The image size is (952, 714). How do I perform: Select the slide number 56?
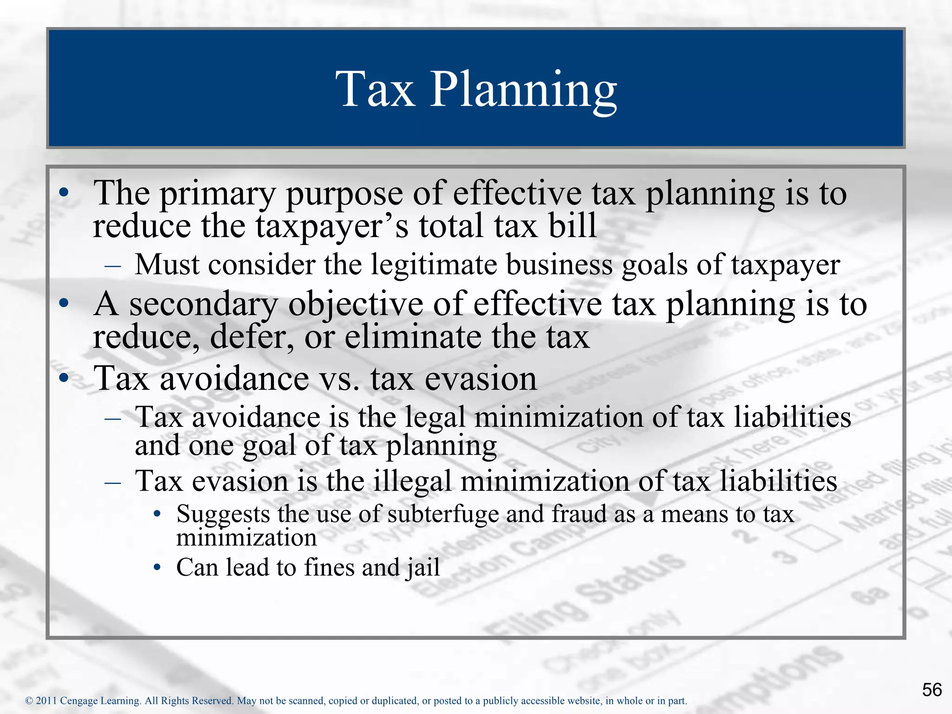[932, 689]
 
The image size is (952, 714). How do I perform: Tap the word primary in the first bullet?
[217, 194]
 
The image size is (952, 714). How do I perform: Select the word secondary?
[203, 305]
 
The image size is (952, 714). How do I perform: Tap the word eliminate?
[413, 337]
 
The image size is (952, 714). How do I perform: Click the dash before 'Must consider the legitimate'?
[113, 266]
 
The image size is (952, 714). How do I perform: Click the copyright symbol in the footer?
[29, 701]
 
